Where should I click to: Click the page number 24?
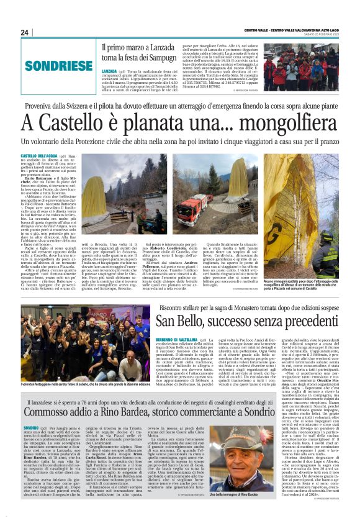[x=25, y=32]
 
